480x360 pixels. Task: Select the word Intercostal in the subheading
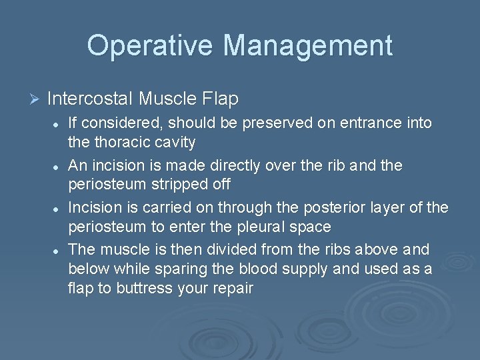pos(90,99)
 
